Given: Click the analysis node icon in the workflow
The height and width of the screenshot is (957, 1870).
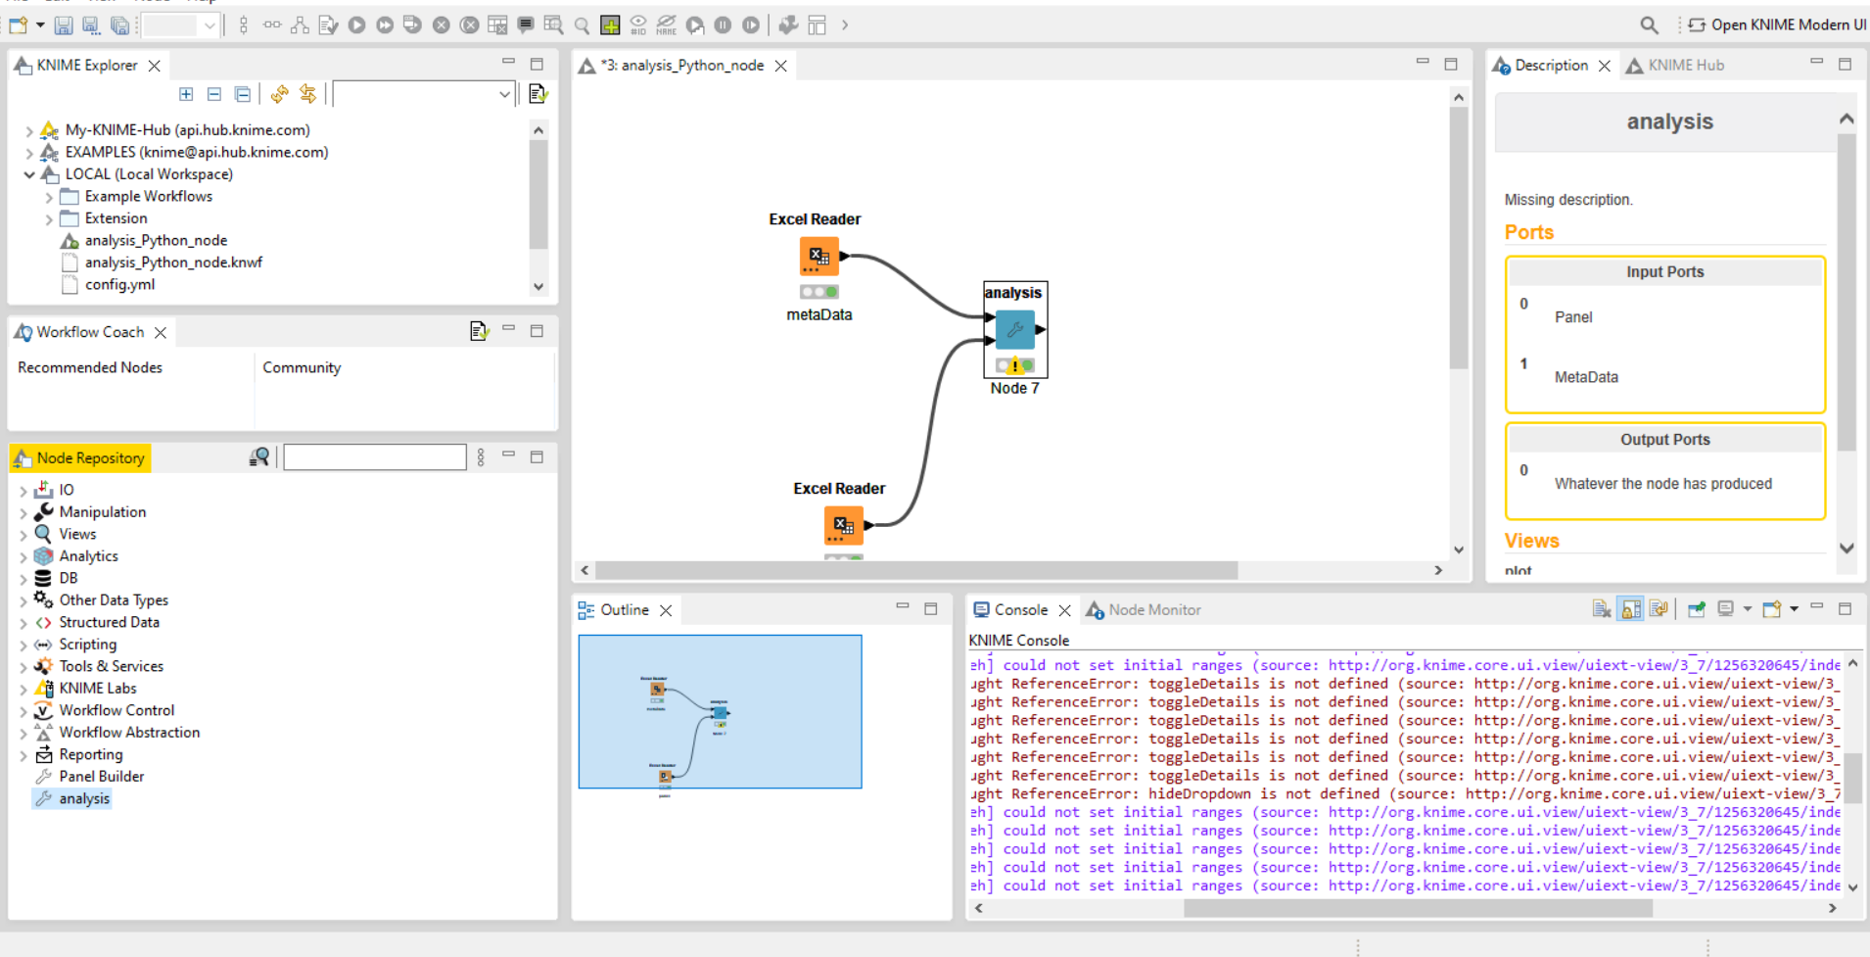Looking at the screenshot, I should (x=1015, y=329).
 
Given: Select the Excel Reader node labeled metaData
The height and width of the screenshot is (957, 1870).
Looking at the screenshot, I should (x=818, y=257).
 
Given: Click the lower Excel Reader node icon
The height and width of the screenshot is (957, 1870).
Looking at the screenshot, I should (x=843, y=526).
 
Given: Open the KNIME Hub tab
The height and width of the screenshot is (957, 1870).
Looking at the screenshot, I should (x=1684, y=66).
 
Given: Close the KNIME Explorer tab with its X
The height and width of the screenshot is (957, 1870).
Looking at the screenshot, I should (x=155, y=66).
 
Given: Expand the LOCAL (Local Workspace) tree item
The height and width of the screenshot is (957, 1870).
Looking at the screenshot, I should (x=29, y=174).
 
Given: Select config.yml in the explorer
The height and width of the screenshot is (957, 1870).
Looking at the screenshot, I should (x=119, y=284).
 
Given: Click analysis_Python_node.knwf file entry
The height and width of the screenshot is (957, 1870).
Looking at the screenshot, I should (x=173, y=263).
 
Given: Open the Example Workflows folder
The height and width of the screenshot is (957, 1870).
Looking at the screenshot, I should (x=148, y=196).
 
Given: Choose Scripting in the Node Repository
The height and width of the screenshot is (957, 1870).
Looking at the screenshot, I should (x=87, y=644).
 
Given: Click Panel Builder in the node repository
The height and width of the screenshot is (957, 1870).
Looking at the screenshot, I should (x=101, y=776).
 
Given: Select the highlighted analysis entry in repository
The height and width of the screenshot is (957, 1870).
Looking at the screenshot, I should (x=84, y=798).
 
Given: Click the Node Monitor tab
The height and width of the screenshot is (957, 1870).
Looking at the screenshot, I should (x=1153, y=609).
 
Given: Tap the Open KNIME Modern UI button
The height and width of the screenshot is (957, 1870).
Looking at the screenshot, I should (x=1777, y=24).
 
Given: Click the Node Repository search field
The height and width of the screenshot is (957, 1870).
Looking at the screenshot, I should (x=374, y=457).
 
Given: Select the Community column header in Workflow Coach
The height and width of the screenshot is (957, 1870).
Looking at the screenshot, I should (x=302, y=367).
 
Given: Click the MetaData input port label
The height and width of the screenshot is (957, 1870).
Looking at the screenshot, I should (x=1586, y=377).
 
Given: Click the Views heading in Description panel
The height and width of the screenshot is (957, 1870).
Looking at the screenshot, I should (x=1531, y=541).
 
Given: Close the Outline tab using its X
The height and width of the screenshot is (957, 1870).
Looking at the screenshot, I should (x=666, y=610).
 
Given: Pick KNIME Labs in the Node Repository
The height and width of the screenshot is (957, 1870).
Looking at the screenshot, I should (x=98, y=688).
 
